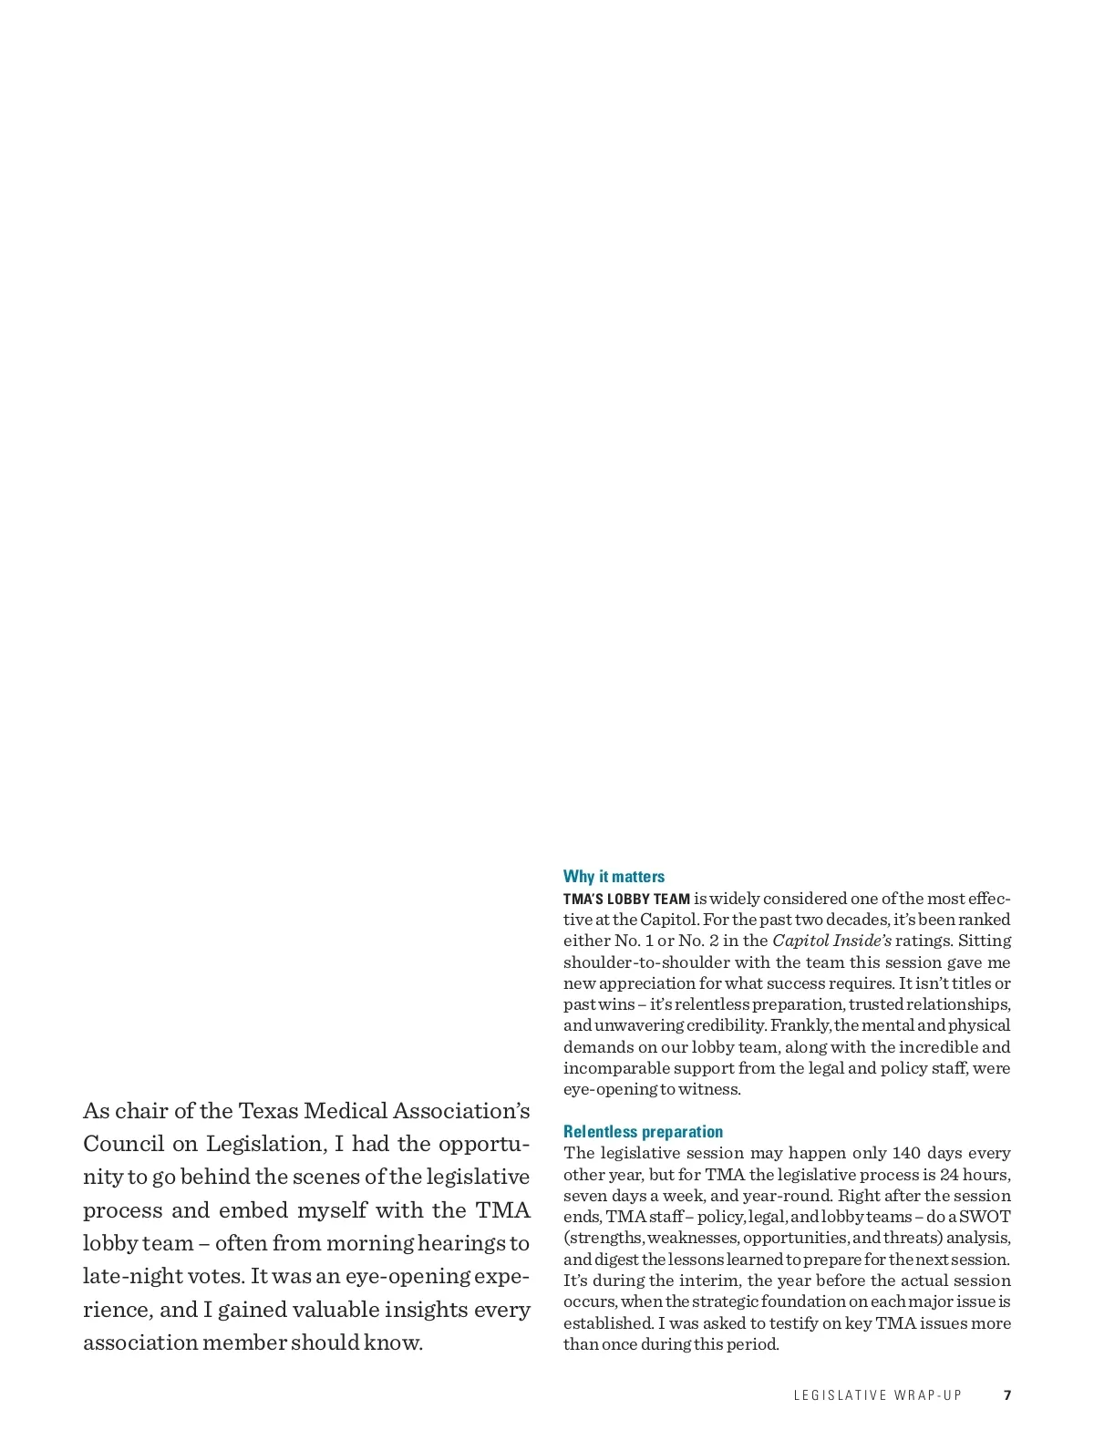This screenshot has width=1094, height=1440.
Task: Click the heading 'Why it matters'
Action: click(x=614, y=877)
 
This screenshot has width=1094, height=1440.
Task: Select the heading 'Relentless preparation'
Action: click(x=643, y=1132)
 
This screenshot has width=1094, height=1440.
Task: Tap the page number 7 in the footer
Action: click(x=1007, y=1395)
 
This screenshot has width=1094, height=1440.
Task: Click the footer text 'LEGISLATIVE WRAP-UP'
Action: click(x=877, y=1395)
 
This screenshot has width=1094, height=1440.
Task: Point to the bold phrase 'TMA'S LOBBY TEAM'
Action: click(x=626, y=899)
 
